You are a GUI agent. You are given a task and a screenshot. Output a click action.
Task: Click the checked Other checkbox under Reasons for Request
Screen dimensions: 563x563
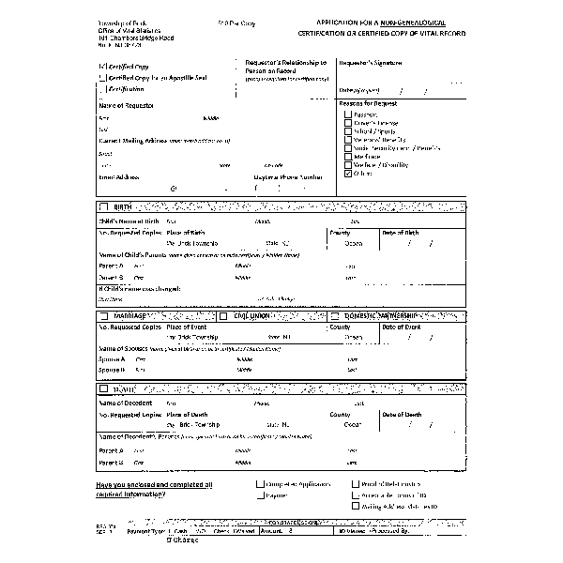coord(349,174)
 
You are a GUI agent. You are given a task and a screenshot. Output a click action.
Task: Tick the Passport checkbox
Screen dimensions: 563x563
coord(349,114)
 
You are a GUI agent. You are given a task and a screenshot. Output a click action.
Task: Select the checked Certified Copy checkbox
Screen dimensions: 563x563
coord(102,68)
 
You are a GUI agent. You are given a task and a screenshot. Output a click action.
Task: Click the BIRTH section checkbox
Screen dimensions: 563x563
coord(103,206)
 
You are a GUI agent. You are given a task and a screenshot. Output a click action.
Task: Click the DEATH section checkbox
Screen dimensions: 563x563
coord(103,388)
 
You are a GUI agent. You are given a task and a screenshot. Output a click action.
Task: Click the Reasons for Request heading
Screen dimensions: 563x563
coord(370,103)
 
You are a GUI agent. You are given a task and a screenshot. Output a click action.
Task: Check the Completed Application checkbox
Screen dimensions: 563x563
coord(259,484)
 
